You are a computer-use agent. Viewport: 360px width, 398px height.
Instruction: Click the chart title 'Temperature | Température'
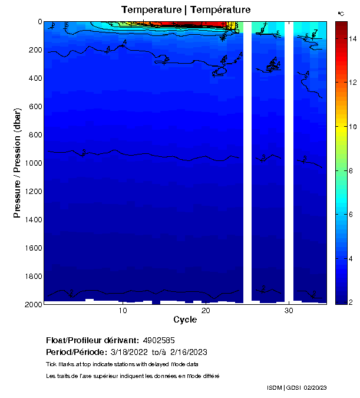(186, 9)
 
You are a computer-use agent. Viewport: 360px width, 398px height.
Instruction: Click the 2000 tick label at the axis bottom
(34, 304)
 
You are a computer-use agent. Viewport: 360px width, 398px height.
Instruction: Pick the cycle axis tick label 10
(123, 311)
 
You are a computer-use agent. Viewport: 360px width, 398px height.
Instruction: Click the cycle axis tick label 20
(206, 311)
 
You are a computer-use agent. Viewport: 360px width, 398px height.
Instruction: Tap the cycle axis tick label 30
(289, 311)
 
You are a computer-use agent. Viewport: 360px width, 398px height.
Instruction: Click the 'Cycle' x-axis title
(185, 320)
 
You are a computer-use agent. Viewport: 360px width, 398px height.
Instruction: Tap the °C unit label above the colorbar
(341, 13)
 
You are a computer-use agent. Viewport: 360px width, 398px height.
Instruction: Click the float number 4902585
(158, 341)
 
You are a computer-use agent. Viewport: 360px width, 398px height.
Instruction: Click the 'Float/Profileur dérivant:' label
(93, 341)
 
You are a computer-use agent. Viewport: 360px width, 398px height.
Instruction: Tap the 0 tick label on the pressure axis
(39, 22)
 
